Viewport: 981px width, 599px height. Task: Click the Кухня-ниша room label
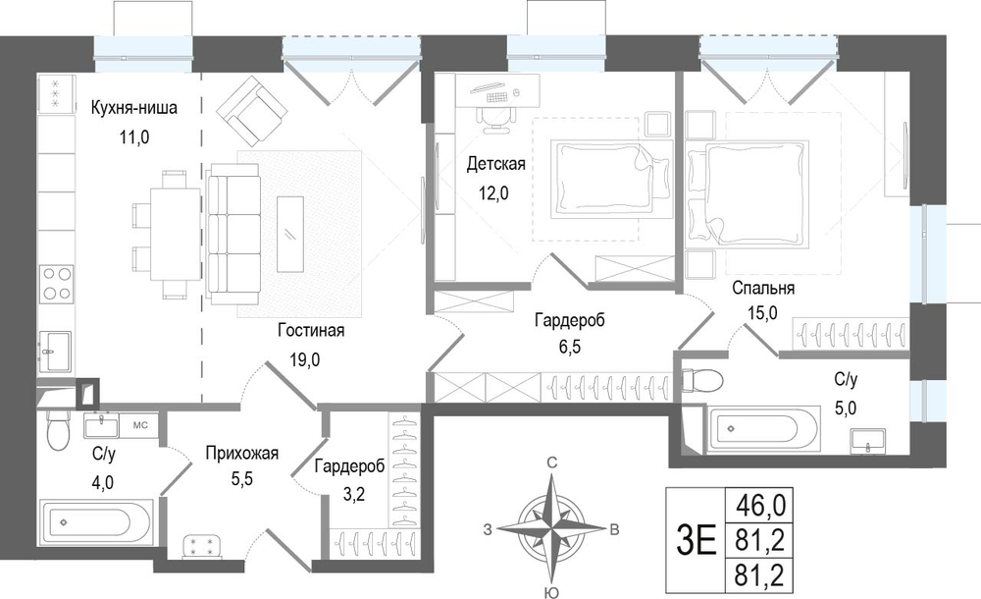pyautogui.click(x=133, y=108)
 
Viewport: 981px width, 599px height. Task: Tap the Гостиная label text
pyautogui.click(x=311, y=330)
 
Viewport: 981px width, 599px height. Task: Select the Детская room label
pyautogui.click(x=496, y=164)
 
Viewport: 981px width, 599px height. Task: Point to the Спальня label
pyautogui.click(x=763, y=289)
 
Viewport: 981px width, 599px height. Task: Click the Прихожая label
pyautogui.click(x=241, y=453)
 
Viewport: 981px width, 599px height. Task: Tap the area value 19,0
pyautogui.click(x=305, y=359)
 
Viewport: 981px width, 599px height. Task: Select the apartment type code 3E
pyautogui.click(x=696, y=540)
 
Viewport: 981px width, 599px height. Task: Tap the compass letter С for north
pyautogui.click(x=551, y=463)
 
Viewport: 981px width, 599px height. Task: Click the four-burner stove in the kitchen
pyautogui.click(x=56, y=284)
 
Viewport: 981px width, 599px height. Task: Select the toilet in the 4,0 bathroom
pyautogui.click(x=58, y=430)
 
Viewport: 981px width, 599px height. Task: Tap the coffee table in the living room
pyautogui.click(x=290, y=235)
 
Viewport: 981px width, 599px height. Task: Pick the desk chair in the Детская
pyautogui.click(x=494, y=118)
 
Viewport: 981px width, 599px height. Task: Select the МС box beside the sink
pyautogui.click(x=139, y=425)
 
